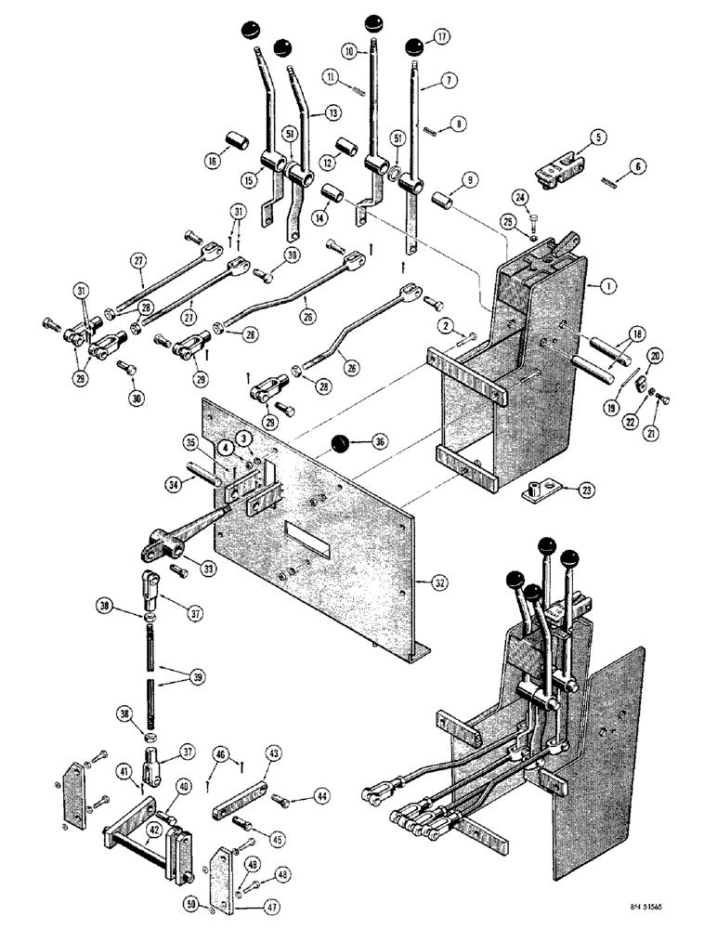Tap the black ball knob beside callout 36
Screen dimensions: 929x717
pyautogui.click(x=341, y=444)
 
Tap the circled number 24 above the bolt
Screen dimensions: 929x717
pyautogui.click(x=520, y=196)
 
